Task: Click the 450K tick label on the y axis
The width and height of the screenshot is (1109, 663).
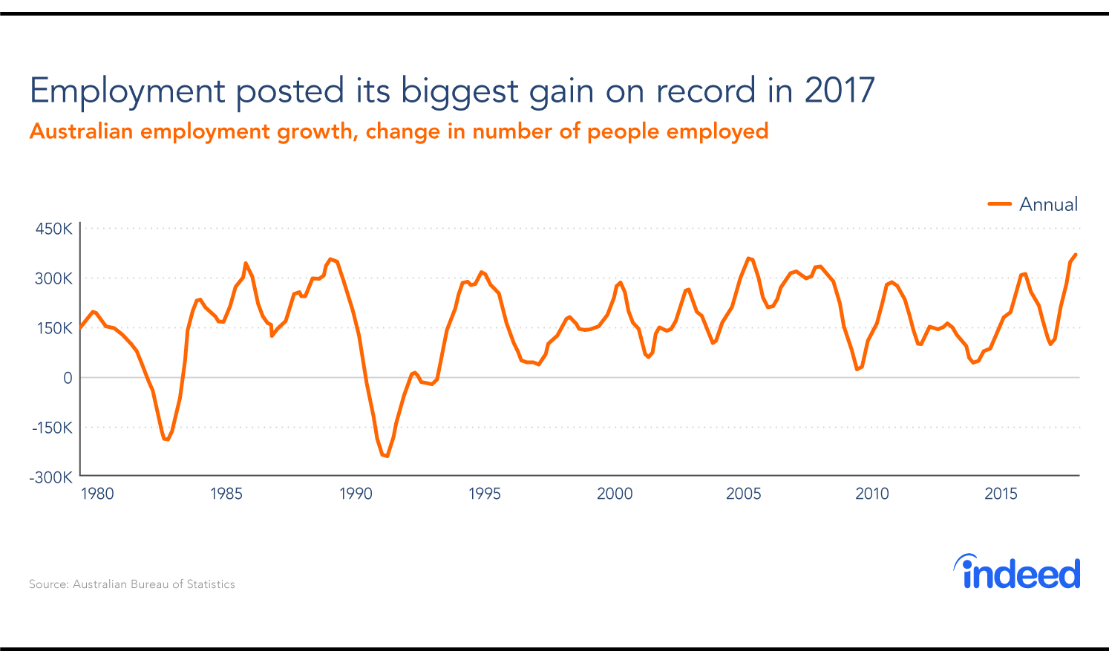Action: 54,229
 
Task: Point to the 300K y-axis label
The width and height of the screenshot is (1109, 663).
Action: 54,278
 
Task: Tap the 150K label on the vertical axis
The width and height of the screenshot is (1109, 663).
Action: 54,328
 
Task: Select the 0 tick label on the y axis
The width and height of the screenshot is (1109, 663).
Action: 68,378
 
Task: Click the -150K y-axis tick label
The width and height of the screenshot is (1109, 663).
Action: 51,428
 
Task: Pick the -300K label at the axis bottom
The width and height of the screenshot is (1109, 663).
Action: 51,477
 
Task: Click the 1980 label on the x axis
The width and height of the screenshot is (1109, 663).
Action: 97,494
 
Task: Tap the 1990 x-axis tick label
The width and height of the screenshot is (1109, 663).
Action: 356,494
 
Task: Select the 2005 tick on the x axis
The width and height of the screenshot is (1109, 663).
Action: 743,494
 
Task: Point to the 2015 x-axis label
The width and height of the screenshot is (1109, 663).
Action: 1001,494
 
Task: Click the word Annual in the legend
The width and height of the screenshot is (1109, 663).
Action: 1048,204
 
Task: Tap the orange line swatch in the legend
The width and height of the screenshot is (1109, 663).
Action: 1000,204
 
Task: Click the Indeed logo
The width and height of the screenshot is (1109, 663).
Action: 1017,572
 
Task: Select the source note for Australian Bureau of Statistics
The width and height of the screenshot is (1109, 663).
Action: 132,584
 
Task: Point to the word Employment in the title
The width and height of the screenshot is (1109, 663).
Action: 127,91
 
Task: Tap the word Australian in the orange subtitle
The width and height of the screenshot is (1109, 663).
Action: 81,131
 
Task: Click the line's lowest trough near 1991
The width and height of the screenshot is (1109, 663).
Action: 387,456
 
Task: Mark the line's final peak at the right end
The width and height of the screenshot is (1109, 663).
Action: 1076,255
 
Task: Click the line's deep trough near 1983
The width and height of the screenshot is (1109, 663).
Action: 167,440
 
